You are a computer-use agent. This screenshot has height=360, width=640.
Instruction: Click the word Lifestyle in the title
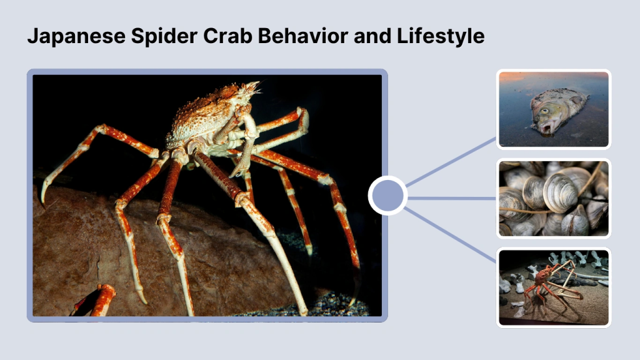(x=441, y=36)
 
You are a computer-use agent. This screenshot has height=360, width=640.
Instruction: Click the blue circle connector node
(x=387, y=196)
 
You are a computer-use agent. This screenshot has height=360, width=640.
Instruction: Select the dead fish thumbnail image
(x=553, y=109)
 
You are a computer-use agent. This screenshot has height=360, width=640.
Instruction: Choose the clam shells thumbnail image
(x=553, y=198)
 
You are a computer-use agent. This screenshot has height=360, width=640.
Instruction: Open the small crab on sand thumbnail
(x=553, y=287)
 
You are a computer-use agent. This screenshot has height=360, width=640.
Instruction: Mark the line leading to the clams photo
(x=452, y=198)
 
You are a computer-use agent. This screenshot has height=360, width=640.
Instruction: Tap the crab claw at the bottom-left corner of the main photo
(x=100, y=299)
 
